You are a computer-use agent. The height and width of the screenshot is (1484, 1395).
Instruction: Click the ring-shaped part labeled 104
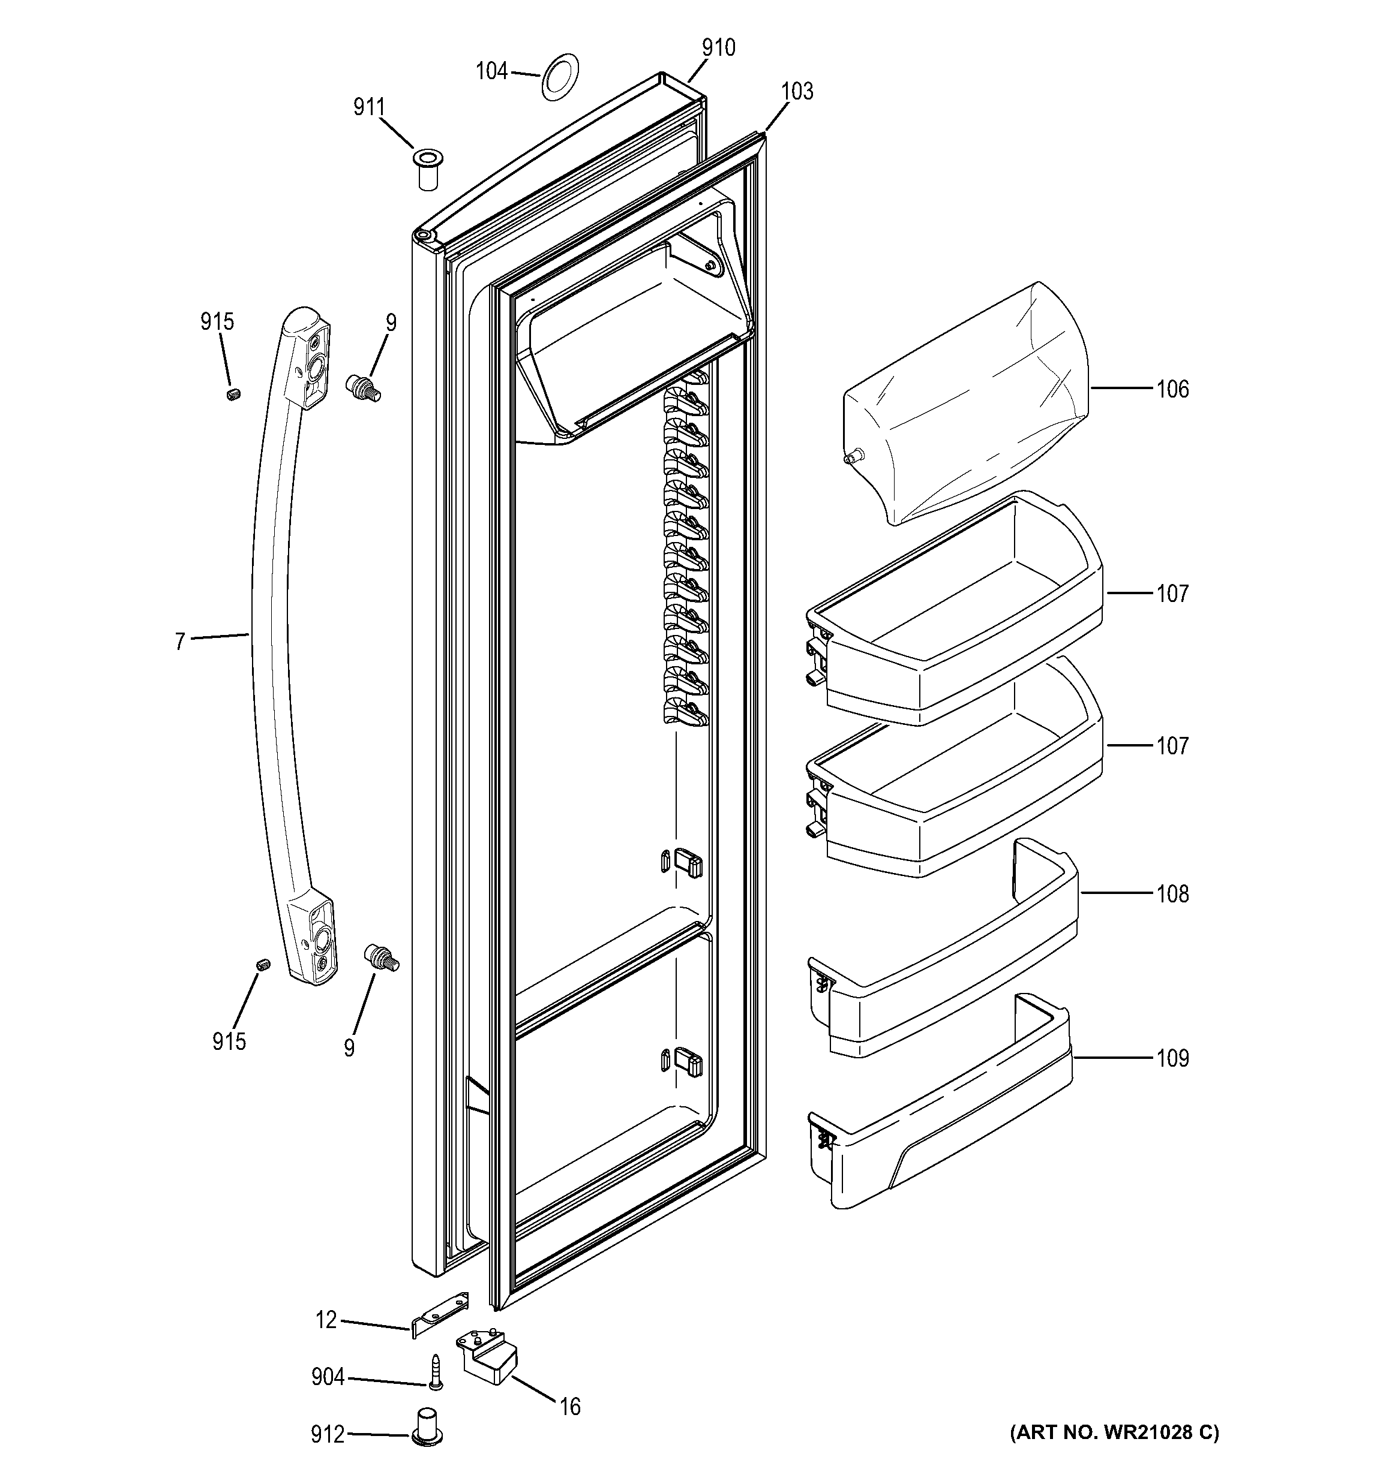(559, 76)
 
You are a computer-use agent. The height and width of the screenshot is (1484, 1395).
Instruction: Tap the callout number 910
(718, 48)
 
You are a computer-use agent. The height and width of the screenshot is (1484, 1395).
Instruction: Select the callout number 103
(797, 91)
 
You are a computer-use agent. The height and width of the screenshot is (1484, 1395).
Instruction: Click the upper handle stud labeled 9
(363, 388)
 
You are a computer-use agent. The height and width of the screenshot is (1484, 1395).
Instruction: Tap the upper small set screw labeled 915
(233, 394)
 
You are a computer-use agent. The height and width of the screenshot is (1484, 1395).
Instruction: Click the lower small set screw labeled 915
(263, 965)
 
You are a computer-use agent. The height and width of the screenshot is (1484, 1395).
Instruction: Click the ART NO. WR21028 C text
(1114, 1432)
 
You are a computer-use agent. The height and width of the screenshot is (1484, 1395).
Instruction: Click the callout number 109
(1172, 1058)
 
